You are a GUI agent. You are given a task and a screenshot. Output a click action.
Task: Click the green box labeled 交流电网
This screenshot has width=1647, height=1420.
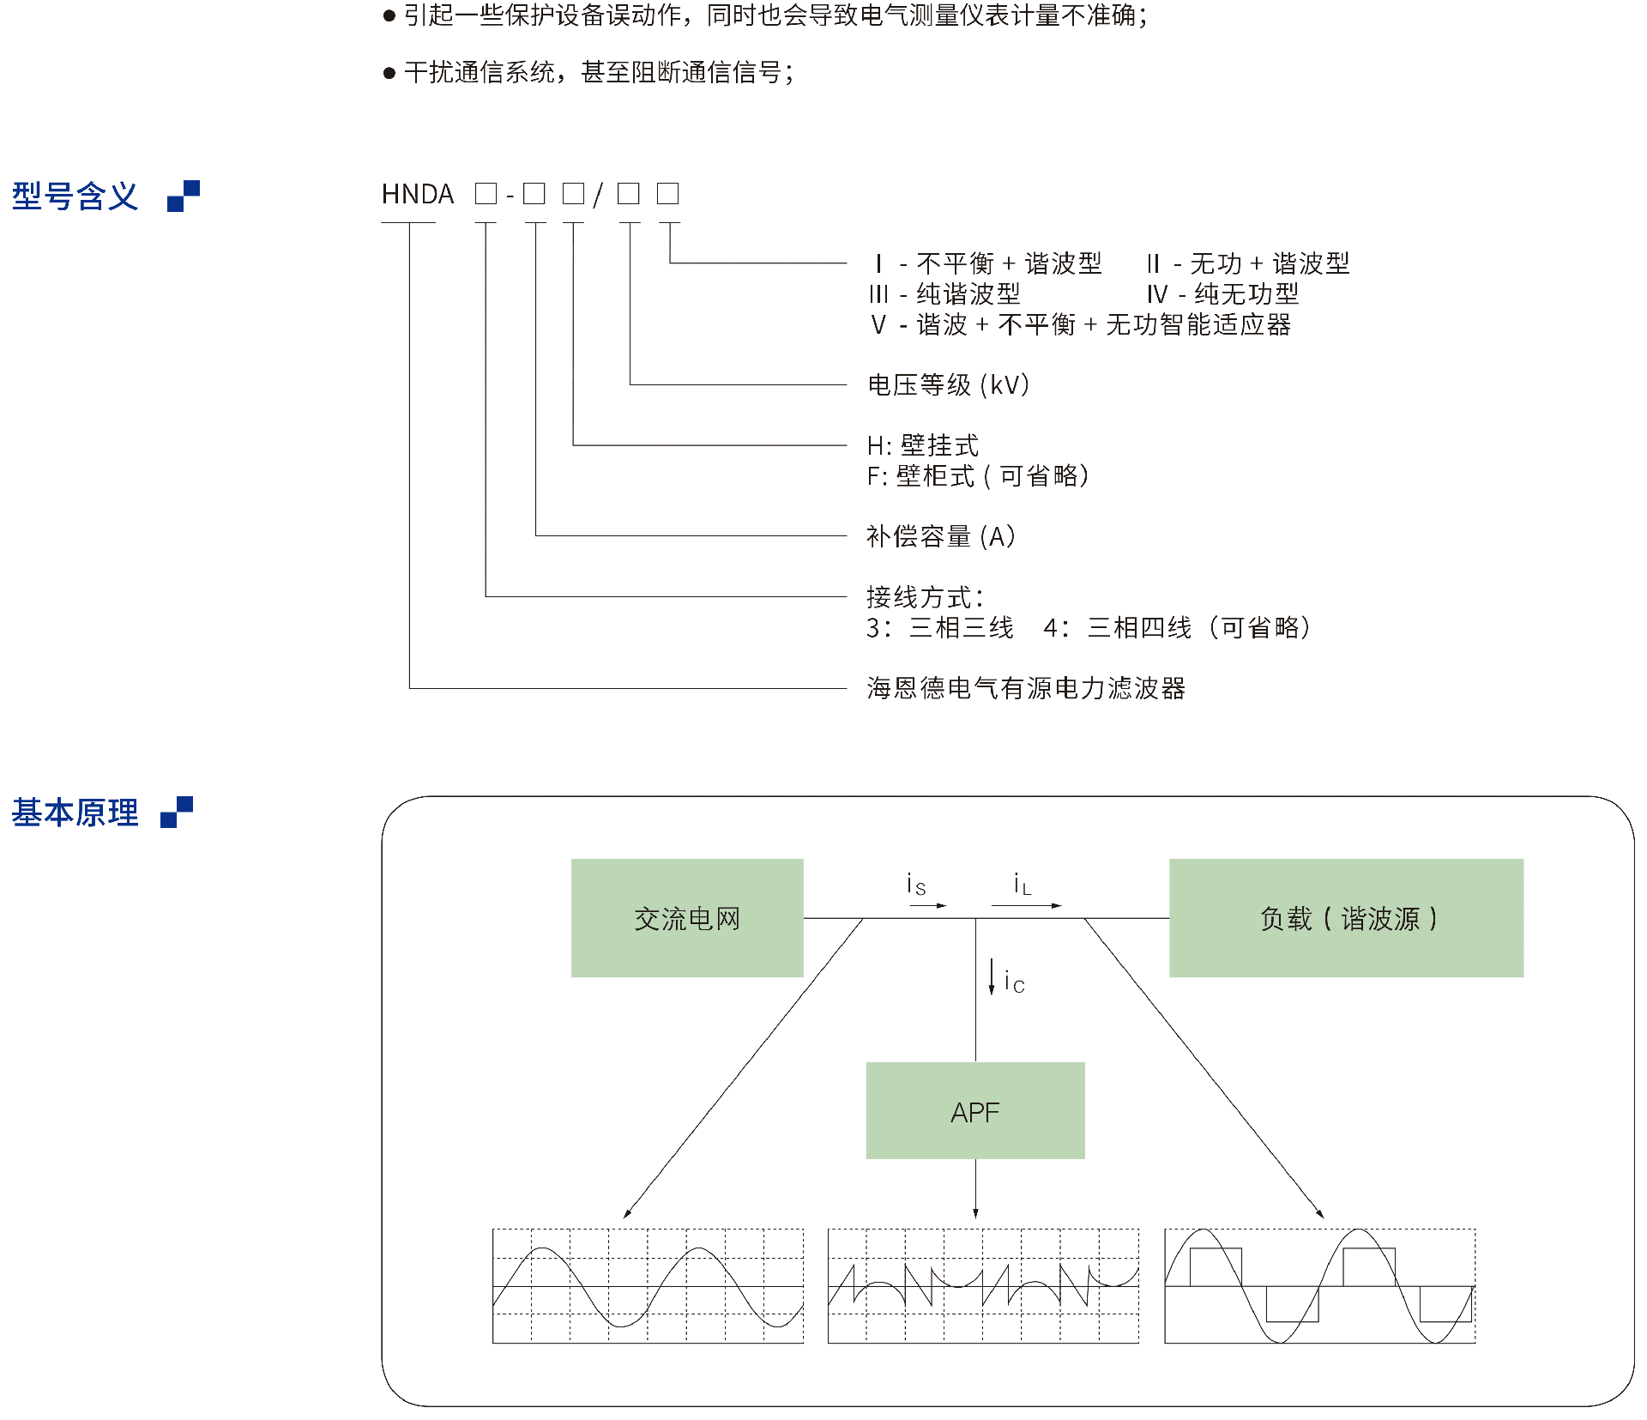point(687,918)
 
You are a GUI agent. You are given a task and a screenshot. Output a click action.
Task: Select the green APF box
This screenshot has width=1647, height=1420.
point(975,1111)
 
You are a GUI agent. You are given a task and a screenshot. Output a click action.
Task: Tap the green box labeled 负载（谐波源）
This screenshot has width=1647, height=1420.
point(1346,918)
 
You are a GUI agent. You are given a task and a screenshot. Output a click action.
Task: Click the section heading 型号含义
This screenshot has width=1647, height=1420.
point(75,196)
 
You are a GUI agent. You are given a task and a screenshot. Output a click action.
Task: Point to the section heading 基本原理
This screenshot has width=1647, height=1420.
point(75,813)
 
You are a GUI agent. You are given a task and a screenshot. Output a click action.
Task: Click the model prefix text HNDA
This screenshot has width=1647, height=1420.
point(418,195)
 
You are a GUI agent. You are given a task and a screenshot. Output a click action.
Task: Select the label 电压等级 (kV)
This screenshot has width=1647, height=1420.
point(949,384)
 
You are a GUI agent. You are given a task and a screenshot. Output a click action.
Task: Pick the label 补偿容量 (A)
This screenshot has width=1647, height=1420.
point(941,536)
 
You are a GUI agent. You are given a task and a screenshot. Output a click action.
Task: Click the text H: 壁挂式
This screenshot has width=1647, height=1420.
point(923,445)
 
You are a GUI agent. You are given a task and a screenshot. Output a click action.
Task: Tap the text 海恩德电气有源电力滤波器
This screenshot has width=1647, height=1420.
point(1026,688)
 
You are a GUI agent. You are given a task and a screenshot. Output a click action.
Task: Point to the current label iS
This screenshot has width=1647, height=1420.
point(916,885)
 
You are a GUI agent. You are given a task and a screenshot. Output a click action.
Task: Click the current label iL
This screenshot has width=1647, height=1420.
point(1022,885)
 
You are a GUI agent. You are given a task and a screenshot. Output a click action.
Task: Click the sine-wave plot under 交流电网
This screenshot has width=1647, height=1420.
point(648,1286)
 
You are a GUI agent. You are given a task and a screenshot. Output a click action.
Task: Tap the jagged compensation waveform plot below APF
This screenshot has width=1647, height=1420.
point(983,1286)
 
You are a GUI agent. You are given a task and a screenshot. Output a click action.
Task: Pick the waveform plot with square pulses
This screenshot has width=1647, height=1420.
point(1319,1286)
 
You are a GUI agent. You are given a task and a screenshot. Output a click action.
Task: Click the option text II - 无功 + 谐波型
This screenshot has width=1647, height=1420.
point(1248,263)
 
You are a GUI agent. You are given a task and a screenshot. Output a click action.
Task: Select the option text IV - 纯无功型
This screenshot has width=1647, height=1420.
point(1223,294)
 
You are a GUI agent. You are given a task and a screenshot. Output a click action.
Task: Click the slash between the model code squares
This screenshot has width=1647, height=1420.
point(598,195)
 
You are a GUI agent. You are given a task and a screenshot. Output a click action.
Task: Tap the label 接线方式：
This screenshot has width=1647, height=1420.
point(925,597)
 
